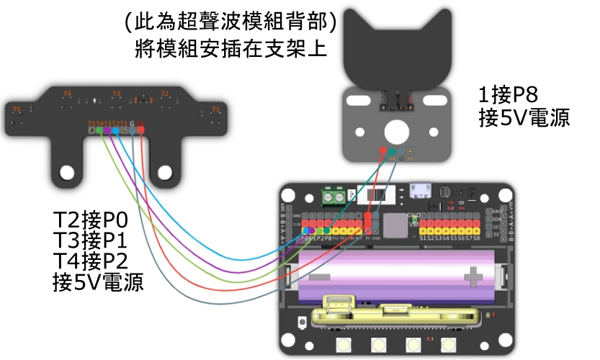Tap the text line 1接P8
[x=509, y=94]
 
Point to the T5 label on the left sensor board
[x=18, y=109]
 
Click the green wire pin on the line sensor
[x=99, y=130]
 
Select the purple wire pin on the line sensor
[x=107, y=130]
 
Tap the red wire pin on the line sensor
[x=141, y=130]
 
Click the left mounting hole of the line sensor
[x=68, y=173]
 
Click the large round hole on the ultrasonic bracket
[x=395, y=131]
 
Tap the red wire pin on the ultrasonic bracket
[x=381, y=151]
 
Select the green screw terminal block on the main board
[x=333, y=196]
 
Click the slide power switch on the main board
[x=373, y=195]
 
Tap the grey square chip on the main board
[x=395, y=225]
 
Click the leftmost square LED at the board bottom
[x=343, y=346]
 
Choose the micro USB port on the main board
[x=419, y=191]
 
